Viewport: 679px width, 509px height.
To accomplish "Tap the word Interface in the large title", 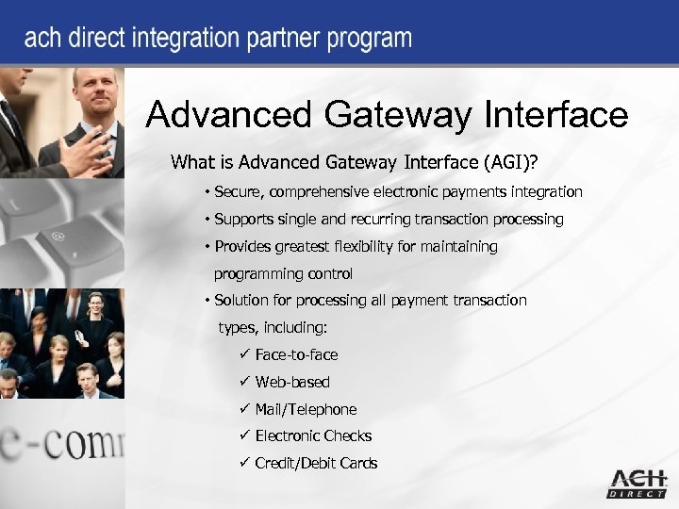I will [555, 116].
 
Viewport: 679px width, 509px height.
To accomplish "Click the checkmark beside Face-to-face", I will [243, 354].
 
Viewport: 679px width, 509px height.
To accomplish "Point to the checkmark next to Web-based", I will [243, 382].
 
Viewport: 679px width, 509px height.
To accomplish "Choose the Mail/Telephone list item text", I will [306, 409].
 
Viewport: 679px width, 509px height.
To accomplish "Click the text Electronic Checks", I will [313, 435].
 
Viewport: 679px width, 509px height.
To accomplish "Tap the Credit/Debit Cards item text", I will [316, 463].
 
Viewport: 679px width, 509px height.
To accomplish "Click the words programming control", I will [283, 273].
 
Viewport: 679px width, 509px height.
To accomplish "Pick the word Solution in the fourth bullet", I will [242, 300].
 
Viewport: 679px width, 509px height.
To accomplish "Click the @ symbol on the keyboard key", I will [59, 236].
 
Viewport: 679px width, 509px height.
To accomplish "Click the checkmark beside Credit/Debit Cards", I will [243, 463].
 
